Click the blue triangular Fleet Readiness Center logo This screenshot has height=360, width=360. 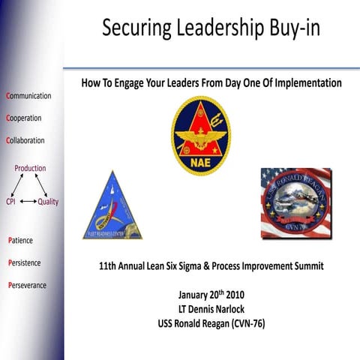coord(112,205)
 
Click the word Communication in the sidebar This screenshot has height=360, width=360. coord(28,96)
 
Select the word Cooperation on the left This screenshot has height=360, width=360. coord(23,118)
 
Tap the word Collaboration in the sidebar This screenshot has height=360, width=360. coord(25,140)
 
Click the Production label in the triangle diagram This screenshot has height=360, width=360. coord(30,168)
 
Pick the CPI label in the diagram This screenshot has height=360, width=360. coord(11,202)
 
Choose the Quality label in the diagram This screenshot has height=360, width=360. coord(48,202)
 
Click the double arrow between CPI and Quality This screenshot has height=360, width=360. coord(28,202)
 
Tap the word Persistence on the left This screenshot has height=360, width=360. coord(24,263)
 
